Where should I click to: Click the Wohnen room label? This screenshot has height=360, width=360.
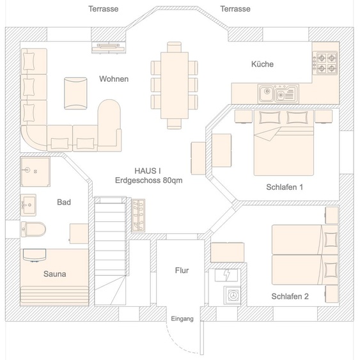click(x=114, y=79)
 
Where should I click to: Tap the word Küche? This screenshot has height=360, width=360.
click(x=262, y=64)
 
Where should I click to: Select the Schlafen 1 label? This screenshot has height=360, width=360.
click(x=284, y=187)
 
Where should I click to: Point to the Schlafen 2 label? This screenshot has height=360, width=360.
click(x=290, y=296)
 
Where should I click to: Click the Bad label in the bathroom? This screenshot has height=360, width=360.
click(x=63, y=202)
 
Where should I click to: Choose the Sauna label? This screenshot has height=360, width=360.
click(x=55, y=274)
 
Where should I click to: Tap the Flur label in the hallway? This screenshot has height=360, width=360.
click(x=182, y=270)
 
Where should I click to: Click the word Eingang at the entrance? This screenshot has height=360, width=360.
click(x=182, y=318)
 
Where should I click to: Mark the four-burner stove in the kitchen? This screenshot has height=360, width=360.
click(x=324, y=62)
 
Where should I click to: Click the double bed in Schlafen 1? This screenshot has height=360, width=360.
click(x=283, y=144)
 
